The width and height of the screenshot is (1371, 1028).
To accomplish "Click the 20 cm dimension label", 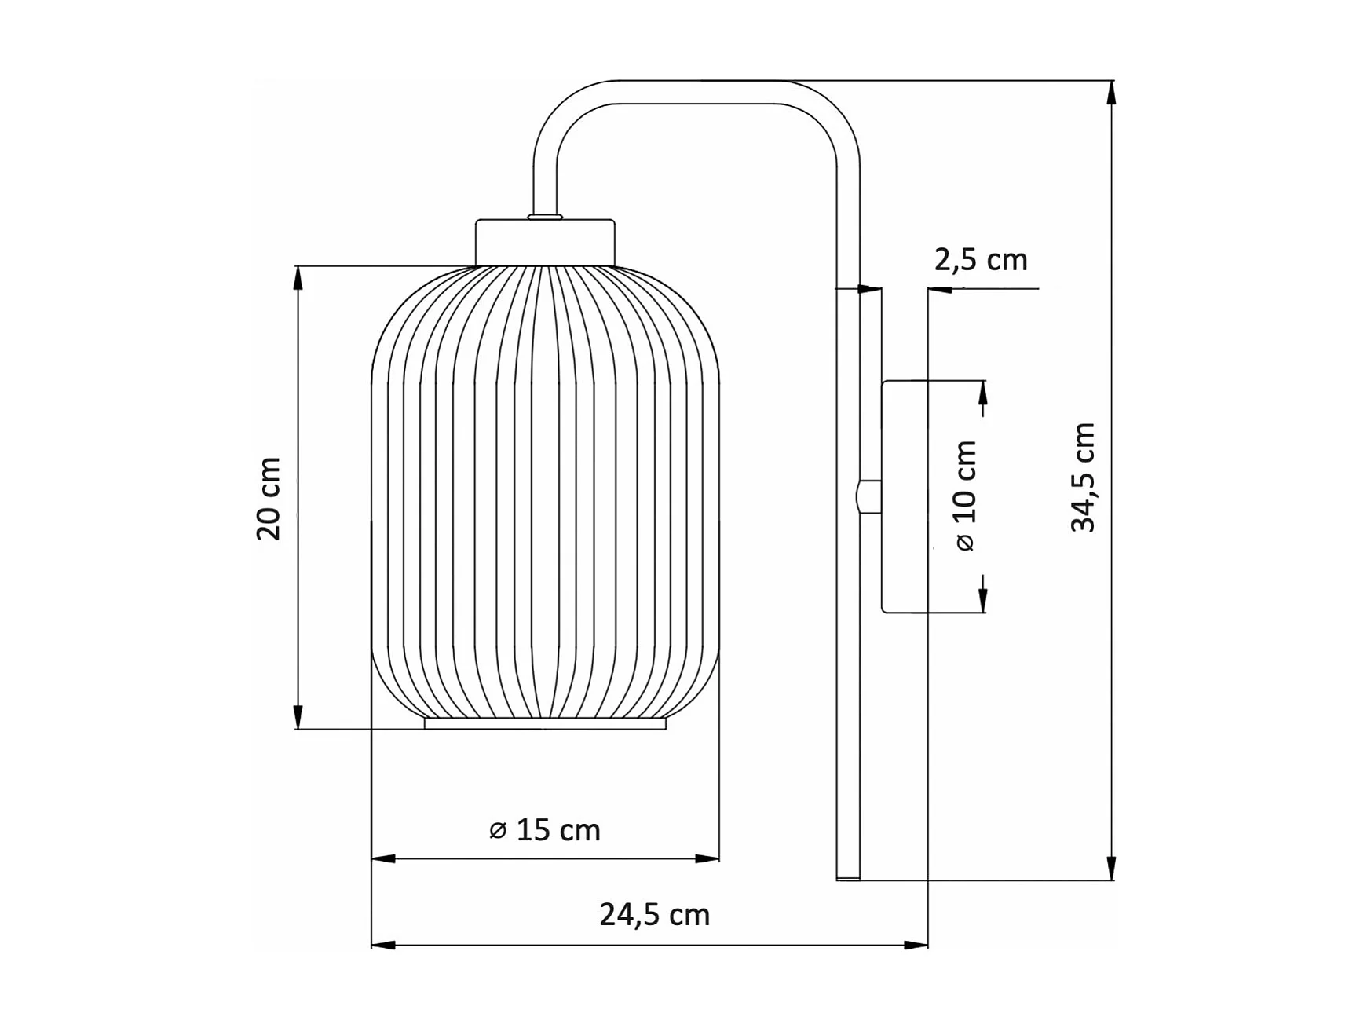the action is click(269, 498).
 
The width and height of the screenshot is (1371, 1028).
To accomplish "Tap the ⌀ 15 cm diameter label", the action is click(544, 830).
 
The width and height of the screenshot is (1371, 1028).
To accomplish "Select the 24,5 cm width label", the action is click(655, 915).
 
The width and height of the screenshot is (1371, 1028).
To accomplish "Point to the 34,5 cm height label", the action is click(1083, 477).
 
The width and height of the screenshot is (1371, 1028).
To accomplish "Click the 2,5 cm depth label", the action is click(981, 260).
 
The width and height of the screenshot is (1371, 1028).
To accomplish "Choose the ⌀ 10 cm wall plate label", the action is click(966, 496).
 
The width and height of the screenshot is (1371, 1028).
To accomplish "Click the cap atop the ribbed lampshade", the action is click(545, 243).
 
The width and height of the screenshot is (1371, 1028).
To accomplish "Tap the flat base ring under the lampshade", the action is click(546, 723).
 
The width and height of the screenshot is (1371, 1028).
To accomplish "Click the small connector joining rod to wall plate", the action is click(868, 496).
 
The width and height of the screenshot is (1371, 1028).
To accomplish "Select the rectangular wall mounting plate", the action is click(905, 496).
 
